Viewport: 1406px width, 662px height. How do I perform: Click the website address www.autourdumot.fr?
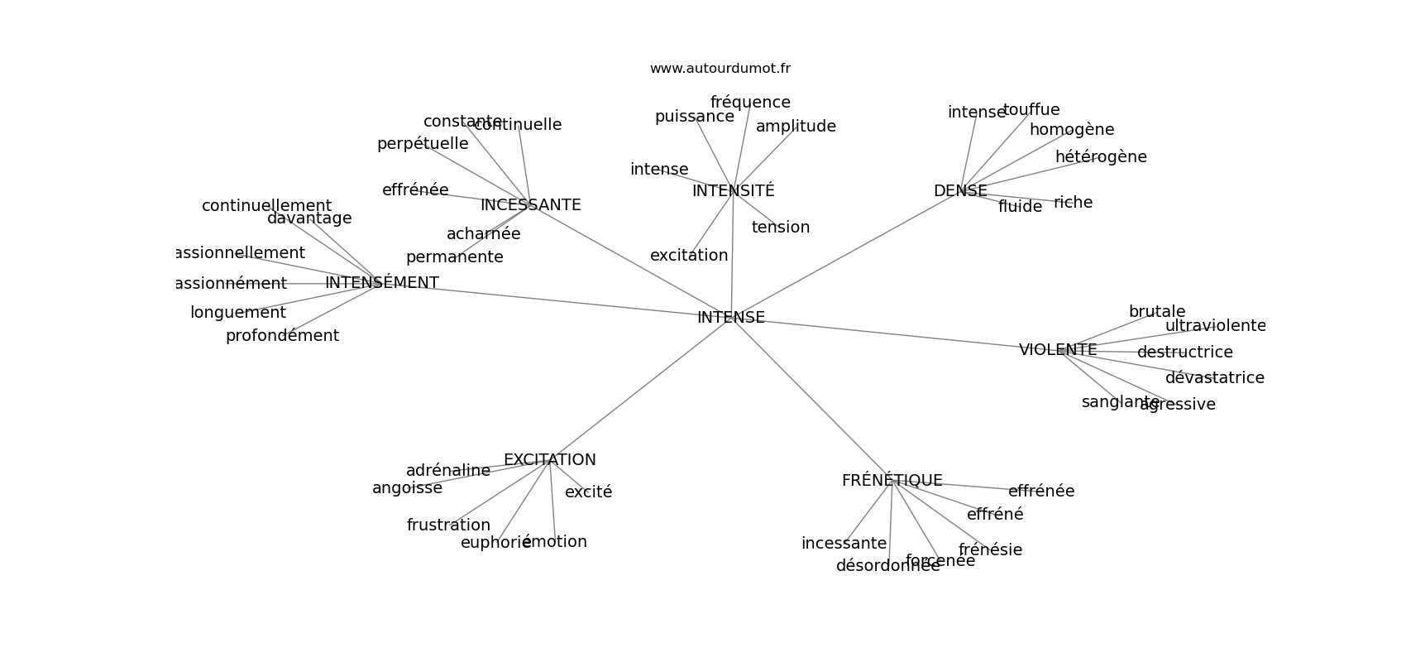coord(720,69)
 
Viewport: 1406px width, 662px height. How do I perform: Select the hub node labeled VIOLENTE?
coord(1058,350)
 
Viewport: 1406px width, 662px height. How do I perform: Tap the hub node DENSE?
coord(960,191)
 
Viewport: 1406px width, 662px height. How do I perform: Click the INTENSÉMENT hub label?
coord(381,283)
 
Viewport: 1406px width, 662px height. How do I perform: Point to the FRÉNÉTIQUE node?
coord(892,481)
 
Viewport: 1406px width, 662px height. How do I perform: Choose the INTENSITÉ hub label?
coord(733,191)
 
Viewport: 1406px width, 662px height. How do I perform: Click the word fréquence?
coord(750,103)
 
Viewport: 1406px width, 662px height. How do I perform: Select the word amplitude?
coord(796,127)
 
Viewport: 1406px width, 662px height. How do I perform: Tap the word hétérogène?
coord(1101,157)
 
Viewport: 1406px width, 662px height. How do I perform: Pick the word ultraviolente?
coord(1215,326)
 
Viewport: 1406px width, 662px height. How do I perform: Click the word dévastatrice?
coord(1214,378)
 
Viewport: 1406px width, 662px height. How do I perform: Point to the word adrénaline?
coord(447,471)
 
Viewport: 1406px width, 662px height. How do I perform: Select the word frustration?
coord(448,525)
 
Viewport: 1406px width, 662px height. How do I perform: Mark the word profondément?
coord(282,336)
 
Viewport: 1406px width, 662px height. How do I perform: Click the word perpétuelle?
coord(423,144)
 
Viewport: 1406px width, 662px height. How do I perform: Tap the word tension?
coord(780,228)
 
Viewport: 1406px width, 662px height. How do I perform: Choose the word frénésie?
coord(990,550)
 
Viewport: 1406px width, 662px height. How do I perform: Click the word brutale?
coord(1157,312)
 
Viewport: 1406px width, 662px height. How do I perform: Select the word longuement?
coord(237,313)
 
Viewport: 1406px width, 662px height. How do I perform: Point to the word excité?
coord(588,492)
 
